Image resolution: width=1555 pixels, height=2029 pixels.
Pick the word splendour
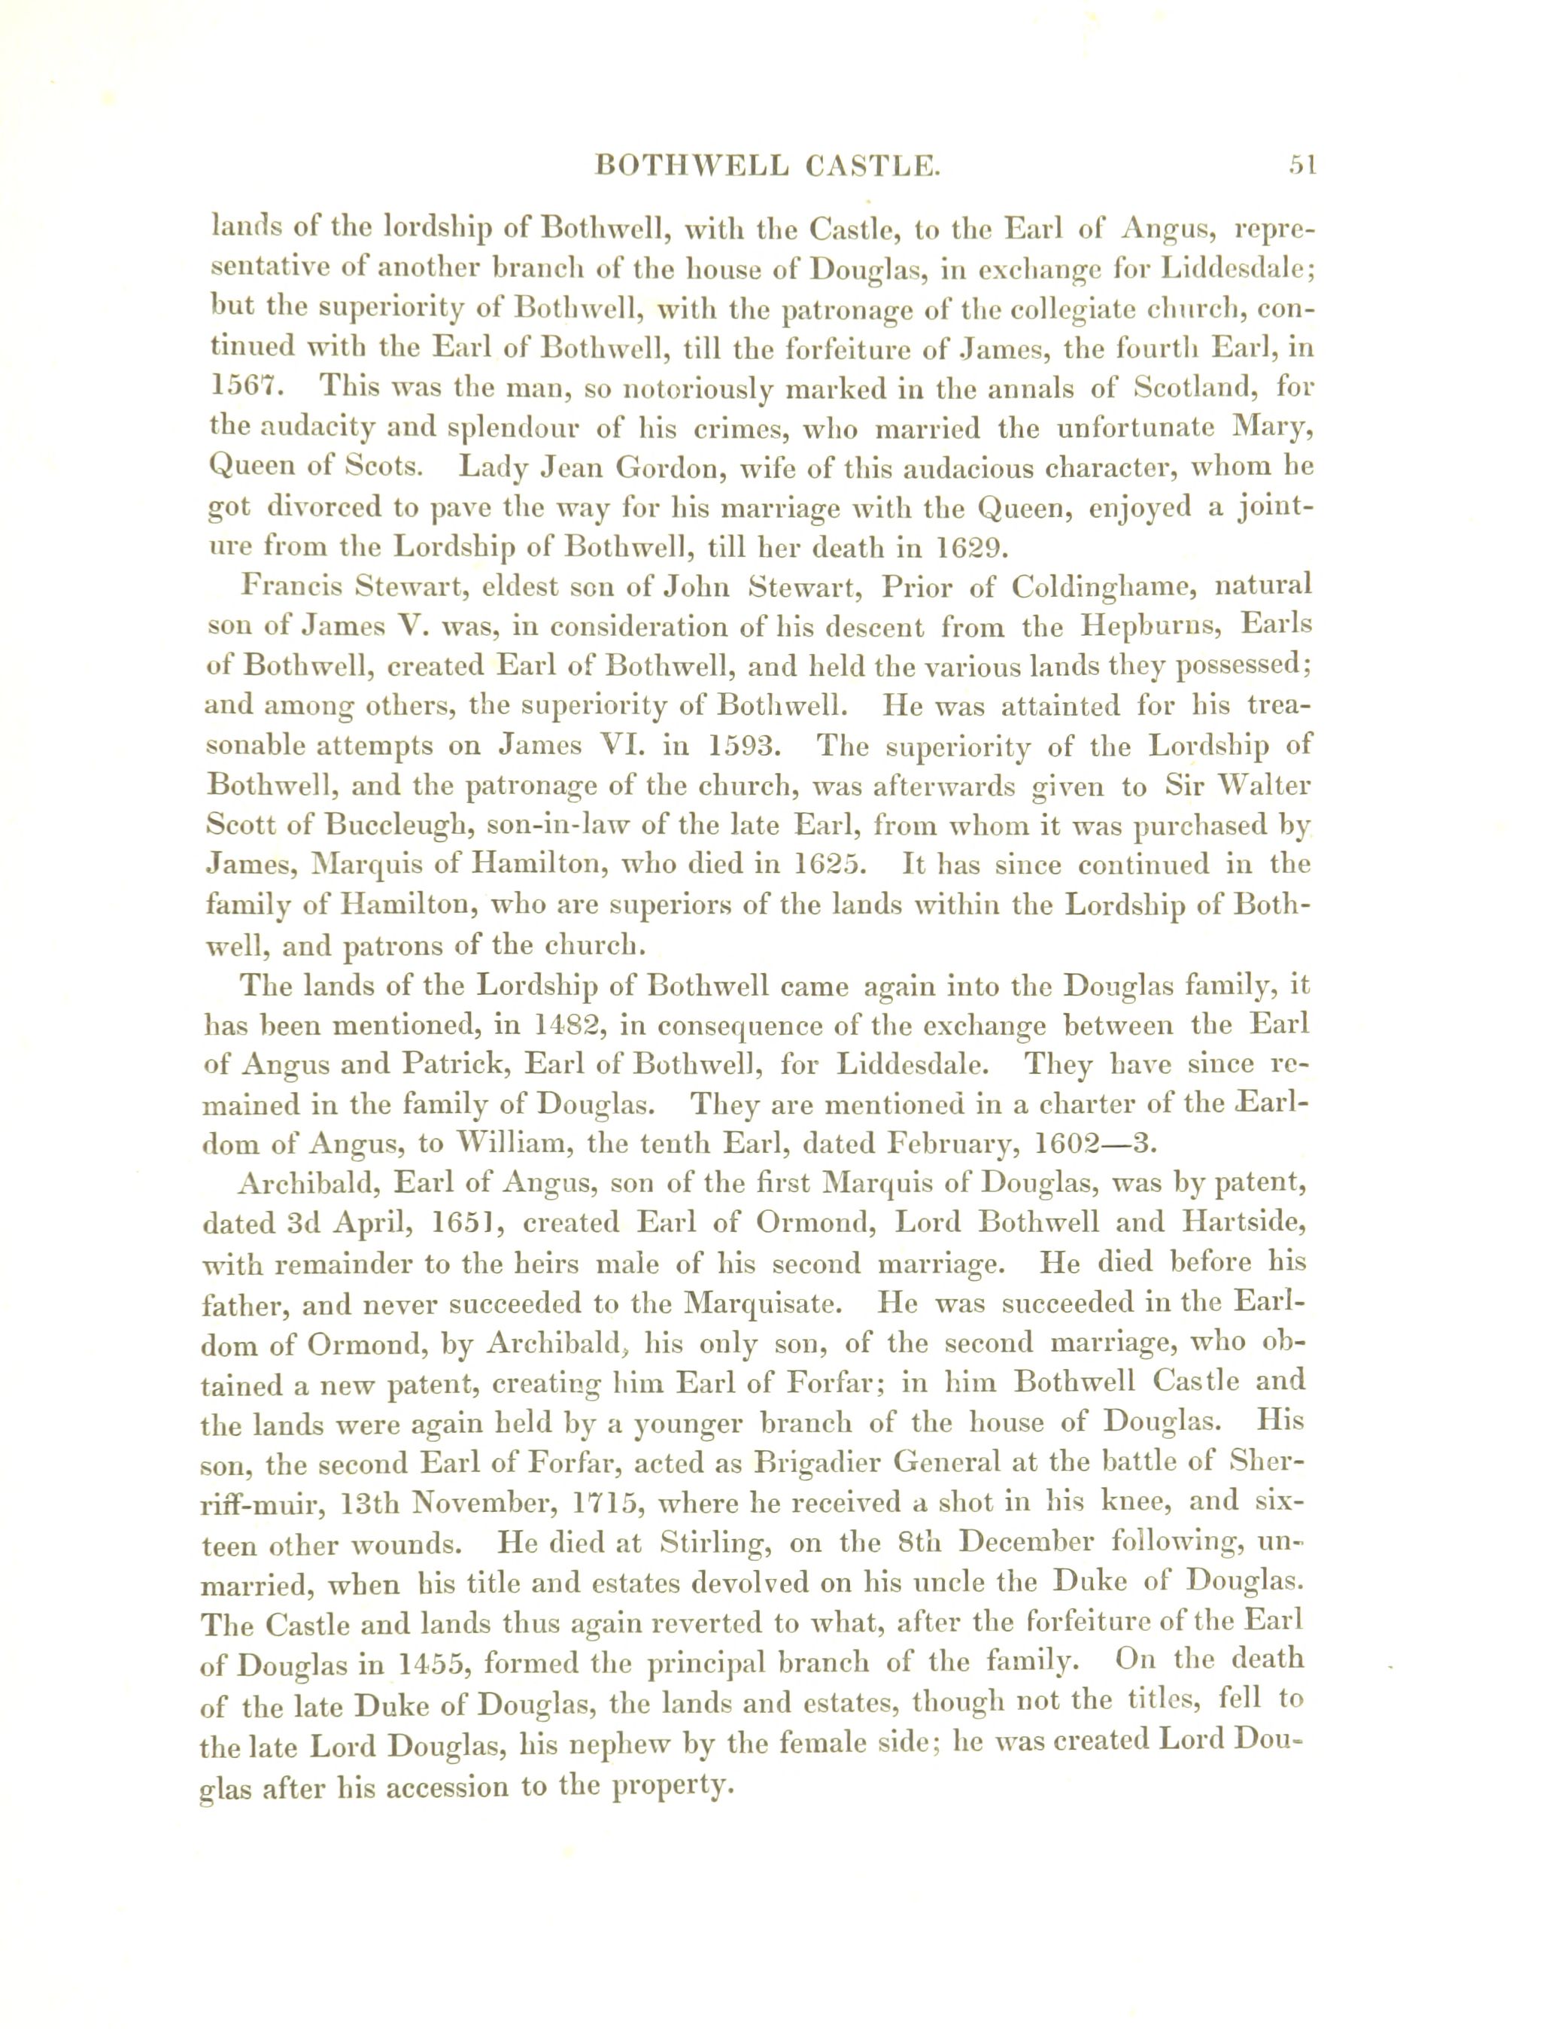pyautogui.click(x=527, y=427)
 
